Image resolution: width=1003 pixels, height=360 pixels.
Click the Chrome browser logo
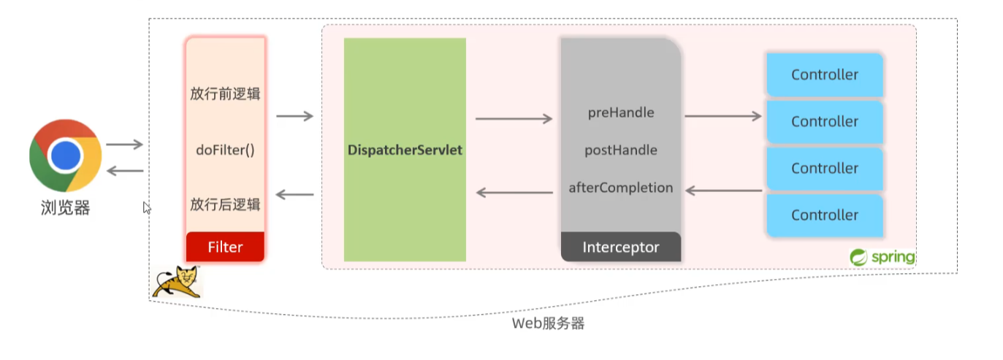tap(65, 155)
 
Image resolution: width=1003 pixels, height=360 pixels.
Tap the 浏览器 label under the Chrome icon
tap(65, 208)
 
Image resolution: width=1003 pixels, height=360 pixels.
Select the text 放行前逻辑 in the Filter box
tap(225, 94)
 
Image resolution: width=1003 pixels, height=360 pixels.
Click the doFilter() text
tap(225, 150)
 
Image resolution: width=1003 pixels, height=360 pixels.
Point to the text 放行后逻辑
tap(225, 204)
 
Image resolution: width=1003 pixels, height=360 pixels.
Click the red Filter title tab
tap(225, 247)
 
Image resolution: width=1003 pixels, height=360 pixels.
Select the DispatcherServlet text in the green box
tap(405, 150)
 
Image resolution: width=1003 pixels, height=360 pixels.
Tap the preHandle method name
tap(621, 113)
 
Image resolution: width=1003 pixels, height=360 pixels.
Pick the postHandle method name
tap(621, 150)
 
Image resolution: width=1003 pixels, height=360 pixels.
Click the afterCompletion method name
tap(621, 188)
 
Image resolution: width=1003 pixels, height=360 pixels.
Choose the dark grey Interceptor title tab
tap(621, 247)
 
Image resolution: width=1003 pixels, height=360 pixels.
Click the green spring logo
tap(882, 257)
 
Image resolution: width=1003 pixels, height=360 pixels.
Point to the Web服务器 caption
tap(548, 323)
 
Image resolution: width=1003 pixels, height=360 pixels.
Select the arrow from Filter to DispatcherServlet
tap(294, 116)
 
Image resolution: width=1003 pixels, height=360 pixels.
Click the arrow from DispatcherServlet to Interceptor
tap(514, 118)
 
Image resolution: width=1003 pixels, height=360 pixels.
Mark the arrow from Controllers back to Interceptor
tap(723, 191)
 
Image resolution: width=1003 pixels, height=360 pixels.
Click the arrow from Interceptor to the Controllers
tap(723, 115)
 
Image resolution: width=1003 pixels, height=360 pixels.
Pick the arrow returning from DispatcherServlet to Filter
tap(294, 194)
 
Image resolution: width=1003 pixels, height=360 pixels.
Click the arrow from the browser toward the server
tap(124, 145)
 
